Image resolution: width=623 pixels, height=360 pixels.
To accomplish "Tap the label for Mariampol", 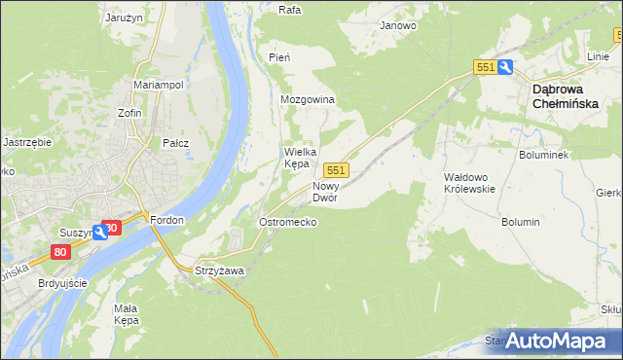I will (158, 86).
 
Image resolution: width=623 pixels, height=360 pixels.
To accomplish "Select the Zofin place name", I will (129, 113).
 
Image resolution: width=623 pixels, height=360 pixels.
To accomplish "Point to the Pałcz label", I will (175, 143).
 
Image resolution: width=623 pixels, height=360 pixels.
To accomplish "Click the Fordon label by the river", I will (166, 220).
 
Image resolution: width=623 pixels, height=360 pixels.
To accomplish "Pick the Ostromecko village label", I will (286, 223).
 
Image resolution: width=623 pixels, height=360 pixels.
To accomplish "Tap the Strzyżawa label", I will (219, 270).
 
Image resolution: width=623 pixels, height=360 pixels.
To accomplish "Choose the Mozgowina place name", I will (307, 100).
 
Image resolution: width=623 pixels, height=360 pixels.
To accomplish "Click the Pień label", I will (278, 58).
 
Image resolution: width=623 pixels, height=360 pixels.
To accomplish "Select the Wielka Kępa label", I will (296, 158).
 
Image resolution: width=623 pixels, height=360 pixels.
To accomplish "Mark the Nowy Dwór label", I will (324, 191).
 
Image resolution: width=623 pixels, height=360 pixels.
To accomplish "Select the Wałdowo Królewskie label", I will (470, 183).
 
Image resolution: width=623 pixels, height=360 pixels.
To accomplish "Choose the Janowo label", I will (398, 26).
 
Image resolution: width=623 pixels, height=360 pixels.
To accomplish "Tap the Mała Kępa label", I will (126, 313).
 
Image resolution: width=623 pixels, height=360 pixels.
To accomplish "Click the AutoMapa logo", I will (562, 341).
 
